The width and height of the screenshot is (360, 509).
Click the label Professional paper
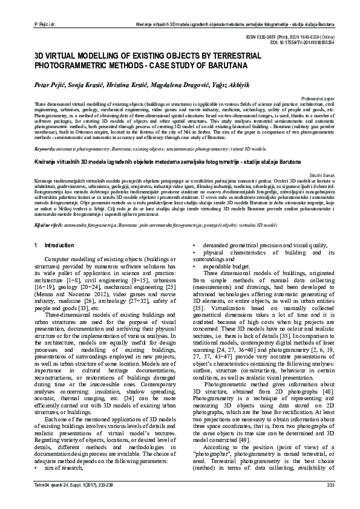pos(317,98)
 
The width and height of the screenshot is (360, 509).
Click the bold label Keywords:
pos(45,148)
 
